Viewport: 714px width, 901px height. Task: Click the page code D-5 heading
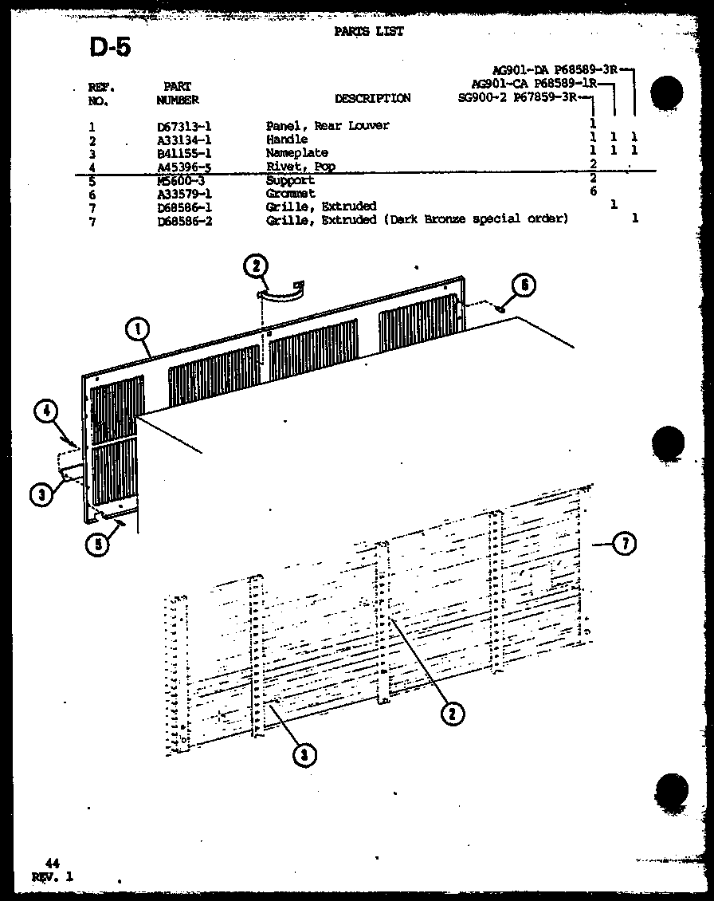point(110,48)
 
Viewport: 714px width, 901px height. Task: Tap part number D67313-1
point(184,126)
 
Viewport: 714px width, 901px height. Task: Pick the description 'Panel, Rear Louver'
point(328,126)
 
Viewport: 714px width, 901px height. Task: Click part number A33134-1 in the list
point(184,140)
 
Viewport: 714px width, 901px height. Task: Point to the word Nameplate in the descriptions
point(296,153)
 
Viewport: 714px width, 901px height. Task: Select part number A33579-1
point(184,194)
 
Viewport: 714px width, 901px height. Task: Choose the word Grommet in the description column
point(291,194)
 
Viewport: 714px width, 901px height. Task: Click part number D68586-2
point(184,219)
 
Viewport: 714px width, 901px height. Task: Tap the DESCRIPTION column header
point(372,99)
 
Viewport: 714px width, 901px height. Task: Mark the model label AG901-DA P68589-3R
point(556,70)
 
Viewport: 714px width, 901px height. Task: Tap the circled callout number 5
point(97,546)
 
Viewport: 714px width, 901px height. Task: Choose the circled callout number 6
point(524,285)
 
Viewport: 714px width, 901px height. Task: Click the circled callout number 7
point(626,545)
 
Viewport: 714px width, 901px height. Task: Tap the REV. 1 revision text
point(53,876)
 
